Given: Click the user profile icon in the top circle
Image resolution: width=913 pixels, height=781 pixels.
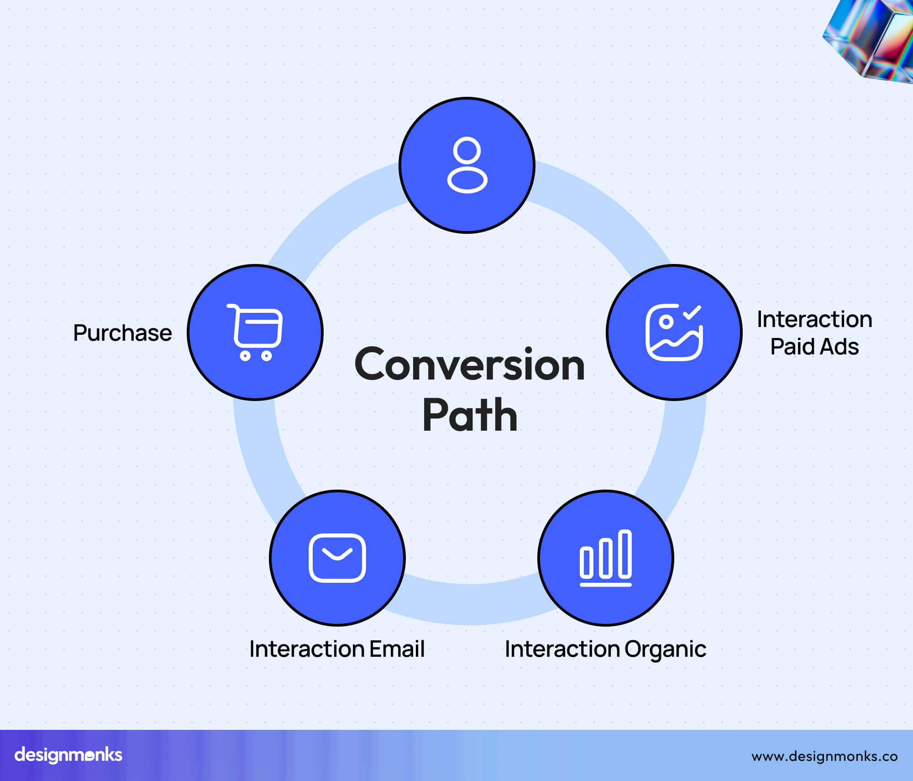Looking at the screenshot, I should click(467, 165).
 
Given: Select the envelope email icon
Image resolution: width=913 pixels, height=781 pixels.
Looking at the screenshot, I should click(337, 558).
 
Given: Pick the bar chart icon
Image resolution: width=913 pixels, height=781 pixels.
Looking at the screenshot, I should click(606, 558).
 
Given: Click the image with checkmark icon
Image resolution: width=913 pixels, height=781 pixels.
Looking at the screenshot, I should click(674, 332).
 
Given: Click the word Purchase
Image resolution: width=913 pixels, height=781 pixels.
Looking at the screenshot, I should click(122, 333).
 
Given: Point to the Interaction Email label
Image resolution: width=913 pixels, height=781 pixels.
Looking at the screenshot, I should click(337, 649).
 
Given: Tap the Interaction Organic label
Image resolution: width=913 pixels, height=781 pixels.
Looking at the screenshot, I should click(605, 649).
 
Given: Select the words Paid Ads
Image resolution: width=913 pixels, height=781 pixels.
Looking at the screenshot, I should click(814, 347).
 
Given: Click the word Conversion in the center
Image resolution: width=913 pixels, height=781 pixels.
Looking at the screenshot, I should click(470, 364).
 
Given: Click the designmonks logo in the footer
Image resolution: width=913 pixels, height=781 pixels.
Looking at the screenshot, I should click(68, 755).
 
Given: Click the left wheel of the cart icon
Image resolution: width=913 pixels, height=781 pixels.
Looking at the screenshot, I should click(245, 356).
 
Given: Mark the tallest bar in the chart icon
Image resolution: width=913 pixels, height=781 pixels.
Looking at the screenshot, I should click(625, 554).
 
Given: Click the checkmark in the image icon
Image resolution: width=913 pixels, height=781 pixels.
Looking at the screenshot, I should click(692, 312).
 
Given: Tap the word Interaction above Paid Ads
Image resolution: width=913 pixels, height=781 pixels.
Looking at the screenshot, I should click(814, 319).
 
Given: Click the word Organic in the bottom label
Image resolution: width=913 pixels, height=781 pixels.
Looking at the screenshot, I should click(665, 649).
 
